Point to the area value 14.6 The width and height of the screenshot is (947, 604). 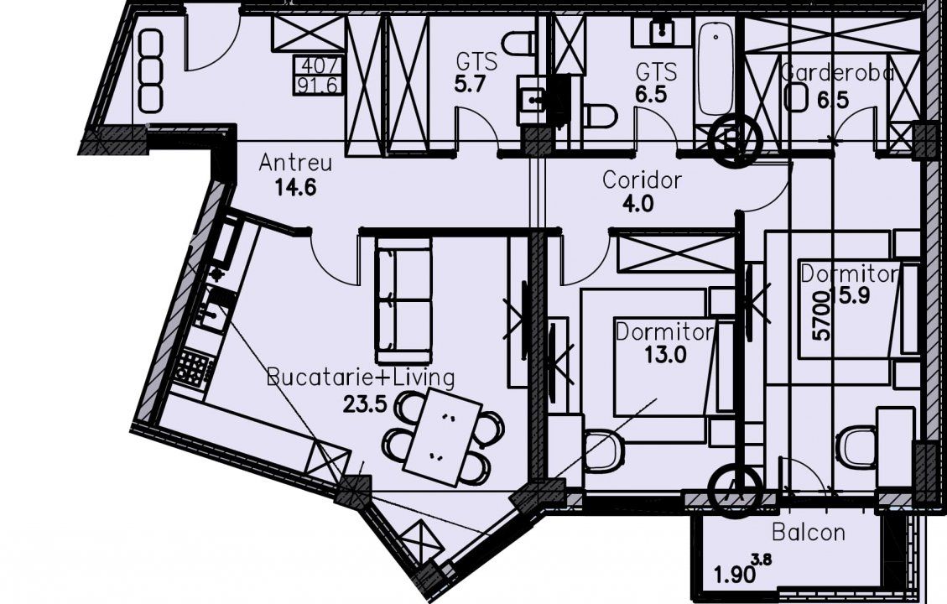tap(295, 188)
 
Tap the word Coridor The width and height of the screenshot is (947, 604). tap(642, 180)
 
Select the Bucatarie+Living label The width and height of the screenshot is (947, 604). tap(361, 378)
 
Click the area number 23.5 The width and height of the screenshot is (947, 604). tap(364, 404)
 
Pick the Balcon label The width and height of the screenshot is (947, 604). tap(808, 532)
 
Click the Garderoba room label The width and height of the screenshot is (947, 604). tap(836, 73)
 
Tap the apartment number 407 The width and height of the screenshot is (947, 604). tap(318, 65)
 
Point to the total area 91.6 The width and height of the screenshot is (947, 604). tap(318, 86)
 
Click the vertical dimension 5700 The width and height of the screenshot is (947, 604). tap(821, 316)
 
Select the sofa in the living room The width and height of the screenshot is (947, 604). tap(403, 299)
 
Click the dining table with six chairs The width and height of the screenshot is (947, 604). tap(443, 437)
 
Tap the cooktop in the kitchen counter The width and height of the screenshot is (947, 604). tap(194, 368)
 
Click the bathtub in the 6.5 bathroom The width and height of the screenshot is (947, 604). tap(715, 68)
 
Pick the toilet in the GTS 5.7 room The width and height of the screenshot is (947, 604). tap(518, 44)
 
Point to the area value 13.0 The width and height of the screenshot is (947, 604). tap(665, 355)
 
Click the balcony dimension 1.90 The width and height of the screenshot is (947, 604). tap(735, 574)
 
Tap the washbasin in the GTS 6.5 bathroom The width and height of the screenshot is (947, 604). tap(661, 31)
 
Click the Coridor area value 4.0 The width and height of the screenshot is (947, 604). tap(637, 204)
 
